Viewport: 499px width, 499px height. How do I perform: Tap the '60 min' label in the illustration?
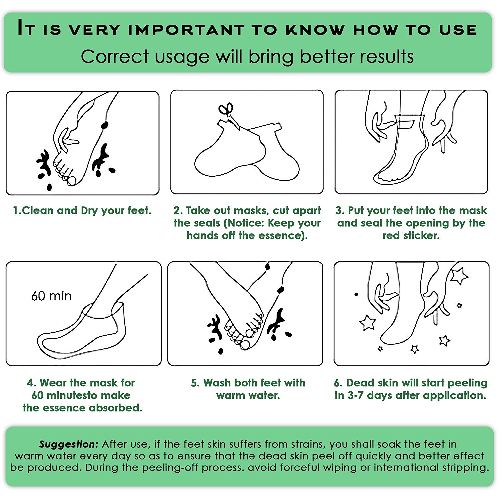click(x=51, y=296)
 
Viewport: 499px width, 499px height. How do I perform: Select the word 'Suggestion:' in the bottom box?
click(x=69, y=444)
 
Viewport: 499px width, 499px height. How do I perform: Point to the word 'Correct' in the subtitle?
click(x=115, y=56)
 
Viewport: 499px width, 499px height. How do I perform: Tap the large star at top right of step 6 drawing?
click(x=459, y=276)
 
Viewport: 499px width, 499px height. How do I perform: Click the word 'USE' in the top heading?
click(x=458, y=30)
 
